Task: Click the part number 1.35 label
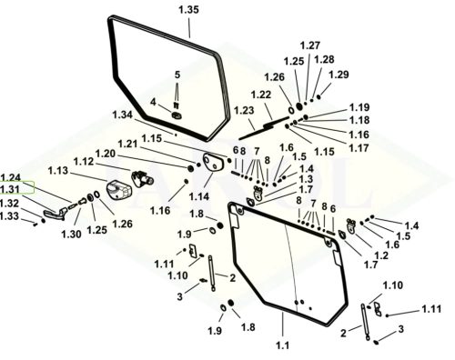coord(188,10)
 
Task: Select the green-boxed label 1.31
coord(10,189)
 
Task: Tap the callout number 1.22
coord(261,95)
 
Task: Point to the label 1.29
coord(339,75)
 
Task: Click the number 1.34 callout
coord(122,115)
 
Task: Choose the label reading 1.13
coord(58,171)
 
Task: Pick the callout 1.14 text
coord(199,196)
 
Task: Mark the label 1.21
coord(127,144)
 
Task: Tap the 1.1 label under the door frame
coord(282,345)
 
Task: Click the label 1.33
coord(9,216)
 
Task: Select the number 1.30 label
coord(71,234)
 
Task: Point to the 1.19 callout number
coord(359,107)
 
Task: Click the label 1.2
coord(381,255)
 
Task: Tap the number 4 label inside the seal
coord(153,102)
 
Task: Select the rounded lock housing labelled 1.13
coord(119,190)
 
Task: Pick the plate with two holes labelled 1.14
coord(213,162)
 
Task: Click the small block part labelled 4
coord(177,115)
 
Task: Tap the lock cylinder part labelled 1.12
coord(142,178)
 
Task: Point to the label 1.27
coord(310,45)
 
